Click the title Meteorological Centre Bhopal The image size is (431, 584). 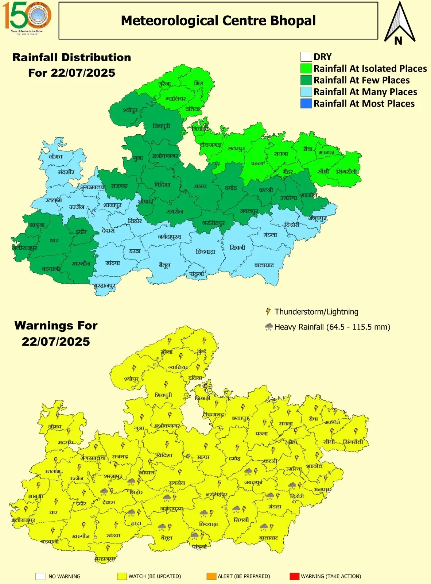[x=218, y=21]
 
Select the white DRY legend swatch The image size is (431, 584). [x=306, y=57]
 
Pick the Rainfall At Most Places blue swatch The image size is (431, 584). [x=306, y=104]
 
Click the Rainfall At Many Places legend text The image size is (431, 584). [x=365, y=92]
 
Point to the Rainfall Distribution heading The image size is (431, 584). [x=71, y=58]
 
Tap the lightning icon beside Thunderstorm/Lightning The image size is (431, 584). [x=268, y=311]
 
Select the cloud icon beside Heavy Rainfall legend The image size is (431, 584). [x=269, y=327]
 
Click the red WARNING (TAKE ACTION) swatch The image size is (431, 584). [x=294, y=576]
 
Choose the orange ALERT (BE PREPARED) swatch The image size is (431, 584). [x=211, y=576]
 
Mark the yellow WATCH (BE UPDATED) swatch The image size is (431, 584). [x=121, y=576]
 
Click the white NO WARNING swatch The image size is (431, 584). [x=40, y=576]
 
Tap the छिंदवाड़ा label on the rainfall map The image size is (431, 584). [x=205, y=251]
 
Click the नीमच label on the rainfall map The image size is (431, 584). [x=55, y=156]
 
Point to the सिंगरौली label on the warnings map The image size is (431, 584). [x=353, y=442]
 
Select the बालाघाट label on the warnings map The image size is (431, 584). [x=268, y=538]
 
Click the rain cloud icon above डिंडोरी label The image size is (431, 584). [x=292, y=485]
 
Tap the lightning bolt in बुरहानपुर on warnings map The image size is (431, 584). [x=108, y=547]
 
